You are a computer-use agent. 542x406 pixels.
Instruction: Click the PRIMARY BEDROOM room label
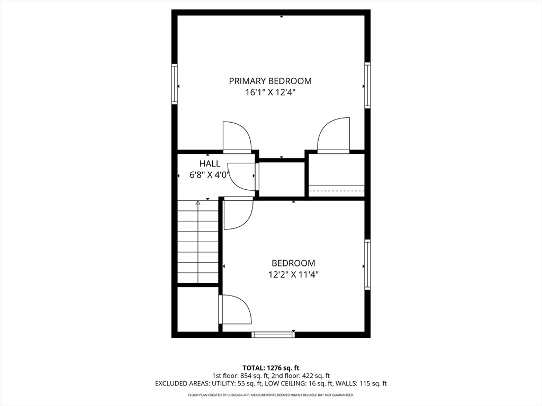[270, 81]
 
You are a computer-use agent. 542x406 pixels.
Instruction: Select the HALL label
[210, 164]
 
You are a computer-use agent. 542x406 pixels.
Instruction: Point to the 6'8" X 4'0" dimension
[210, 175]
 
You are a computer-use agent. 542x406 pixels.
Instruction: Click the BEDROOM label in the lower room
[293, 263]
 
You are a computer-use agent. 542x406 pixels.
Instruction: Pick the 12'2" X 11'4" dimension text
[293, 274]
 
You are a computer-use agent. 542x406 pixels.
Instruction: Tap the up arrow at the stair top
[198, 202]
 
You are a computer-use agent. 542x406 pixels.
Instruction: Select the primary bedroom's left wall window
[174, 84]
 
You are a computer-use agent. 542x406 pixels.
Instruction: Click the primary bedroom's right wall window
[367, 85]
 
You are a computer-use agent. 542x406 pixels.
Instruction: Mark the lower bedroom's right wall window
[367, 264]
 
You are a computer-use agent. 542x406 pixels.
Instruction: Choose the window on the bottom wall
[273, 334]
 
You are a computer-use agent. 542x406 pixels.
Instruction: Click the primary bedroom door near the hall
[236, 137]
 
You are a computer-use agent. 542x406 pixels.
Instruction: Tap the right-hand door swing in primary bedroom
[333, 135]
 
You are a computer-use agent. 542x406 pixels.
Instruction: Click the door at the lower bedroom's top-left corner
[238, 213]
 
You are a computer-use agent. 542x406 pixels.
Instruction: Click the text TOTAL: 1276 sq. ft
[271, 368]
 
